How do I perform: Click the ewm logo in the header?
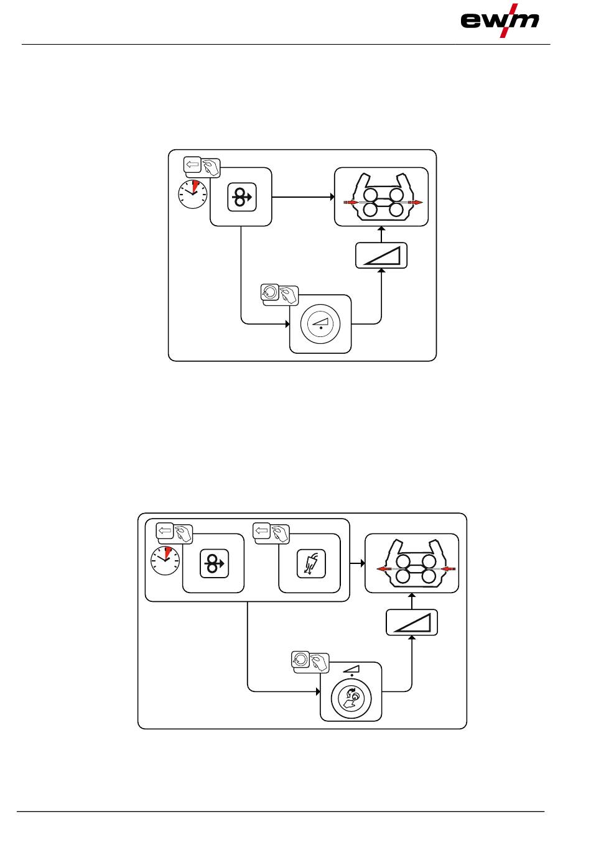point(500,21)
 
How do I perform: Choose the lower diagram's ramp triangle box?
point(412,622)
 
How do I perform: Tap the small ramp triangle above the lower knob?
point(351,668)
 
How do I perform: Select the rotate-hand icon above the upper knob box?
point(280,293)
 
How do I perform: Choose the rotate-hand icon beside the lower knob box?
point(310,661)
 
